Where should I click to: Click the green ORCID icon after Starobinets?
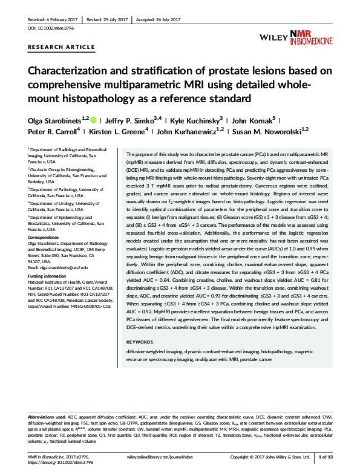click(x=94, y=119)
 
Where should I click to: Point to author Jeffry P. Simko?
click(x=129, y=119)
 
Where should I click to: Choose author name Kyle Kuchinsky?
click(x=192, y=119)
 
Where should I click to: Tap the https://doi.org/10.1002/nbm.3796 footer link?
click(x=55, y=463)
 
